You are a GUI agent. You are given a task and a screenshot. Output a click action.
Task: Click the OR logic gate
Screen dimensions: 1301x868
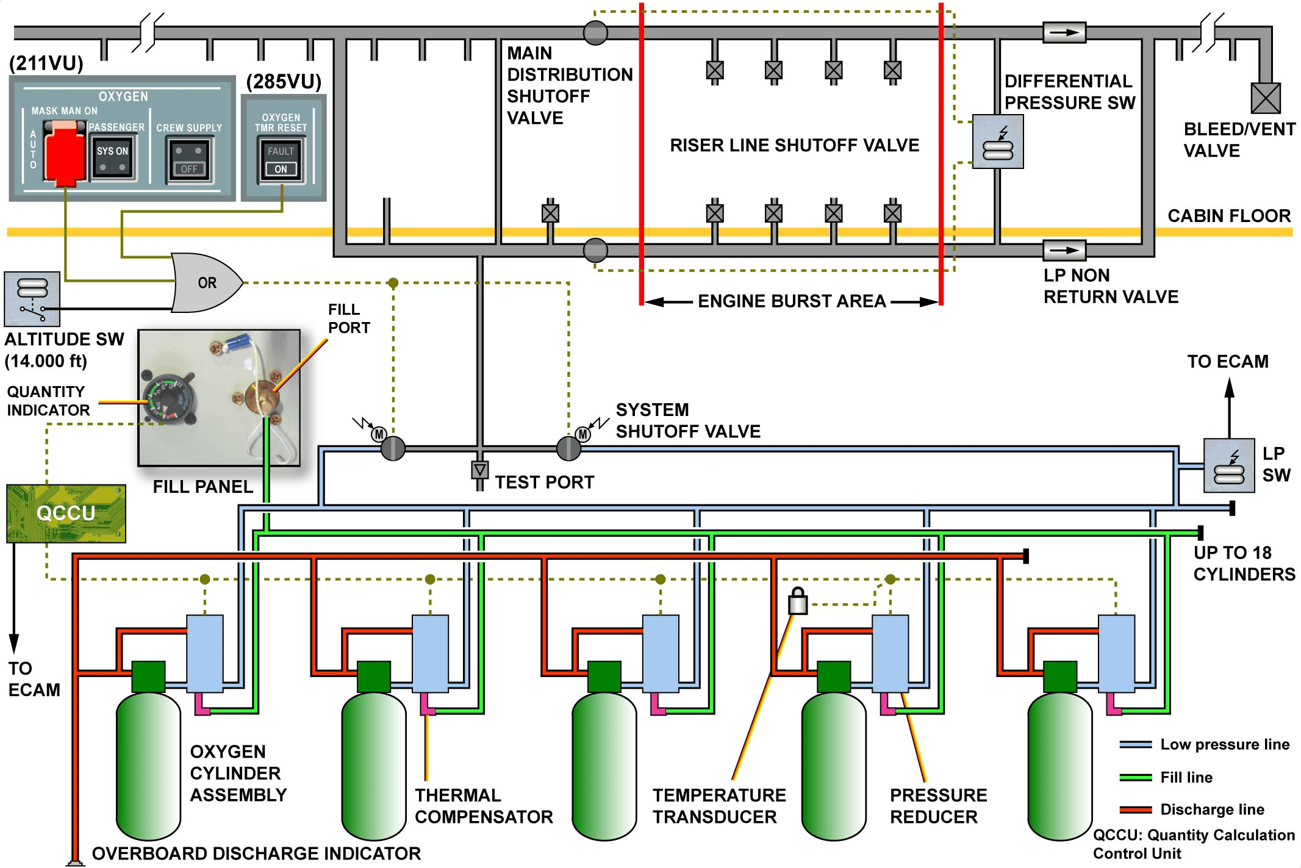(206, 282)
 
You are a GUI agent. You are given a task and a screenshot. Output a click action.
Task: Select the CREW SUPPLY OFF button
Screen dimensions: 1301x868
(190, 160)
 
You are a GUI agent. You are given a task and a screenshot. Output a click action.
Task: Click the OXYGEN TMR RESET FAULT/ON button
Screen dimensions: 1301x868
(281, 160)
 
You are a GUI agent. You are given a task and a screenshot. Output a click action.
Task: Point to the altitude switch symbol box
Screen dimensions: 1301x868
(32, 299)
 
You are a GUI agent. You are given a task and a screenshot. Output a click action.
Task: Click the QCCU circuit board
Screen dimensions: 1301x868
(66, 514)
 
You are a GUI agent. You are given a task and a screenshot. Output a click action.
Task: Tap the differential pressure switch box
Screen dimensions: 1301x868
(998, 142)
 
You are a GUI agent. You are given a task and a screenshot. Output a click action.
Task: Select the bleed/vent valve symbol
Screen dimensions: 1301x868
(1265, 98)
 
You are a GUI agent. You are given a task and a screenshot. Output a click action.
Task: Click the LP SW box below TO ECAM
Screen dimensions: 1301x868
(1228, 465)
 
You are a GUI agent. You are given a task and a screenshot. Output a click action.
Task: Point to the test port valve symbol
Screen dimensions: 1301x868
(480, 470)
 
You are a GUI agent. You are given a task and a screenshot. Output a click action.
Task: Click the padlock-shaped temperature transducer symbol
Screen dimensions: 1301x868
(798, 601)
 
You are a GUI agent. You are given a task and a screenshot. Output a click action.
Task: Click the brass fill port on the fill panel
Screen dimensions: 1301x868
(262, 396)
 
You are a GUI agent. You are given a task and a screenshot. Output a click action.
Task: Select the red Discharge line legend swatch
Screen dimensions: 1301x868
(1136, 809)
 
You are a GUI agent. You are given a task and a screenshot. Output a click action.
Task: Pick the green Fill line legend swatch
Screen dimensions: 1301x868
(1136, 777)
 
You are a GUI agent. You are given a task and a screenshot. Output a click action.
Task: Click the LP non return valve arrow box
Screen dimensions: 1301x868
(1064, 250)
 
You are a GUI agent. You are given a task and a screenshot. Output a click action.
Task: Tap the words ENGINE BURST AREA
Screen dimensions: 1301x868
(792, 301)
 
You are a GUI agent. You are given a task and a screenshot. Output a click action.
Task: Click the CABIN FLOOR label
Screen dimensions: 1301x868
(1229, 215)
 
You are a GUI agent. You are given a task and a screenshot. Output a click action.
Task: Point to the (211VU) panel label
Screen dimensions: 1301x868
(46, 63)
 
